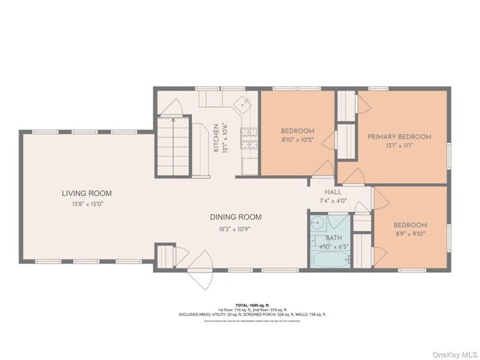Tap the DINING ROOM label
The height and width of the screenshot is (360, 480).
point(236,217)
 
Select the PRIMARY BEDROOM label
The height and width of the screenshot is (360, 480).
point(400,136)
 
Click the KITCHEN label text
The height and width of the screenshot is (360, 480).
point(216,138)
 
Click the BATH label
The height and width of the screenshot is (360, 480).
point(334,238)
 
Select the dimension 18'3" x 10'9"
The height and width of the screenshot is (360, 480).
point(236,229)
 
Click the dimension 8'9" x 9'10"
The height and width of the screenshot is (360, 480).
point(410,234)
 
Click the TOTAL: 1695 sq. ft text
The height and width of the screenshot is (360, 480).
point(251,305)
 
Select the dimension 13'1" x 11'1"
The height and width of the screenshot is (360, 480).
point(400,145)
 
